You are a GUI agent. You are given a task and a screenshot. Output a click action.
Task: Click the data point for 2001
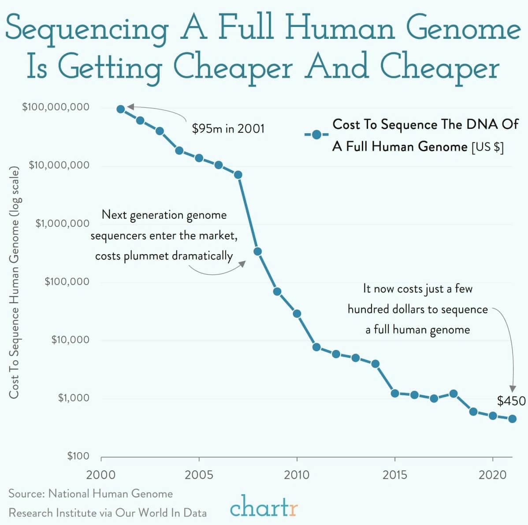click(x=121, y=109)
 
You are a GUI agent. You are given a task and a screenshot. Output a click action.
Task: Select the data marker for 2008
click(x=258, y=251)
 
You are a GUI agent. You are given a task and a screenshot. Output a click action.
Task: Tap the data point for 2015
click(x=395, y=393)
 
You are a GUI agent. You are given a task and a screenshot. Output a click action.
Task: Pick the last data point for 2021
click(x=512, y=419)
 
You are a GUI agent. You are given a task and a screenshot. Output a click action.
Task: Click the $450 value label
click(x=511, y=401)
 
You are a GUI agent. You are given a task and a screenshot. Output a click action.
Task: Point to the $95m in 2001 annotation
click(x=228, y=128)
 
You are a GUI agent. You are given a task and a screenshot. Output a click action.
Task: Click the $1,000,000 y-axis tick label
click(x=63, y=223)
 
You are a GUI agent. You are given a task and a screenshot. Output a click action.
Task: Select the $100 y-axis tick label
click(x=78, y=456)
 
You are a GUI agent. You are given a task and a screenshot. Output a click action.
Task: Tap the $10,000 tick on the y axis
click(x=70, y=340)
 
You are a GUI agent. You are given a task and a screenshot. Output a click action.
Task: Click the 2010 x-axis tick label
click(x=297, y=475)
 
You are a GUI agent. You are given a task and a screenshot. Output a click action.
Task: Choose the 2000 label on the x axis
click(x=101, y=475)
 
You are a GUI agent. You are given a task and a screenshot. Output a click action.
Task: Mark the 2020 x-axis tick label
click(x=492, y=475)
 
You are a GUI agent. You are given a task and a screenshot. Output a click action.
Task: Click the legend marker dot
click(x=316, y=135)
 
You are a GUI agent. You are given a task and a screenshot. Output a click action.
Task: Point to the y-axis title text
click(x=14, y=281)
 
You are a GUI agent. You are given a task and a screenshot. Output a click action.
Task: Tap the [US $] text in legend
click(x=487, y=146)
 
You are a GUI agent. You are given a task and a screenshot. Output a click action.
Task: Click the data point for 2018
click(x=454, y=394)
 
